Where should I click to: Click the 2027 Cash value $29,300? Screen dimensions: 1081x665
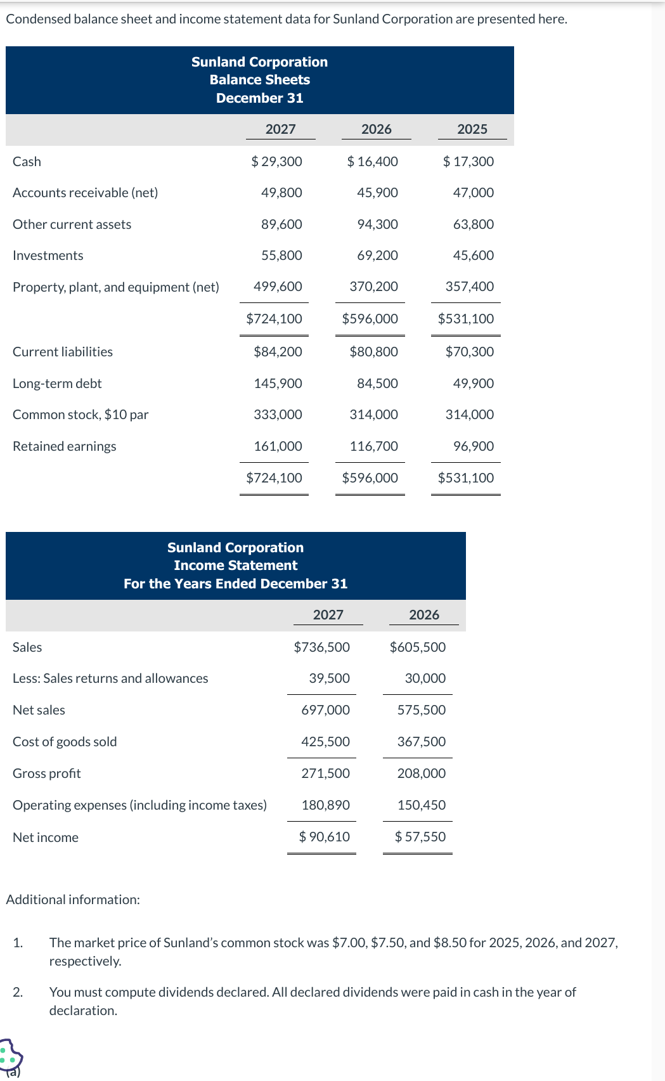click(277, 162)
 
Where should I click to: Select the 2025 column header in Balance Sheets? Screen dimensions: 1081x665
click(472, 129)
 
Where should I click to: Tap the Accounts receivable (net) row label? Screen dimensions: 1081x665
click(86, 193)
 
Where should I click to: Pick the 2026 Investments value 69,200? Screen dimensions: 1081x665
click(377, 256)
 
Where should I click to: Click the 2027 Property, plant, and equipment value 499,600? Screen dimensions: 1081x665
click(278, 287)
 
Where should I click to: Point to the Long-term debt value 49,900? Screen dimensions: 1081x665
click(473, 384)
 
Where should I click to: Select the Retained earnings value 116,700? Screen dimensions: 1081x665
click(373, 446)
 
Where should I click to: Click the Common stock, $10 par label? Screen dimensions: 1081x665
click(81, 415)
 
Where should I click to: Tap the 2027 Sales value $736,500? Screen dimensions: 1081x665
click(322, 647)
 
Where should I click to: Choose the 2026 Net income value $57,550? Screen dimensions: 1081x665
click(420, 837)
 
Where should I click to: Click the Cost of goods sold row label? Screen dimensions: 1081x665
click(65, 742)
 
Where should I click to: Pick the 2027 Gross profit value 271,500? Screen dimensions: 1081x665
click(325, 774)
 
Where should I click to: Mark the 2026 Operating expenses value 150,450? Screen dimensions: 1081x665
click(421, 805)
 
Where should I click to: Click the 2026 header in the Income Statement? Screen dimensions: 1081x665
click(424, 615)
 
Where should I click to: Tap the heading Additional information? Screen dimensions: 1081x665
click(73, 900)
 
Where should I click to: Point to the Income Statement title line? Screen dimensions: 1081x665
click(235, 566)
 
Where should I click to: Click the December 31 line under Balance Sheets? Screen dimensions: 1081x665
click(259, 98)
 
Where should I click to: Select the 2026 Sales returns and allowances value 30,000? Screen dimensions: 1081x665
click(425, 678)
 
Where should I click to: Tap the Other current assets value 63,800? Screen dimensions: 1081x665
click(473, 224)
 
